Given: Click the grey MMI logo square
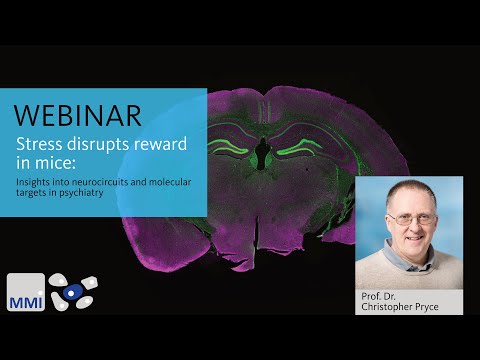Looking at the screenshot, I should pos(25,292).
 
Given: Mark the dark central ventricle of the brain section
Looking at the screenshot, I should pos(261,152).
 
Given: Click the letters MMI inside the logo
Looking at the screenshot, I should pos(25,299).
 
